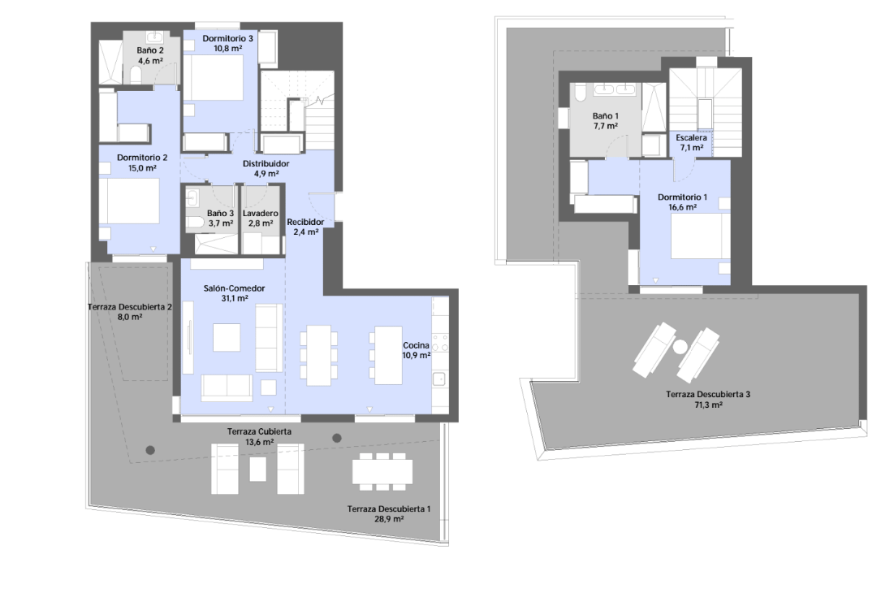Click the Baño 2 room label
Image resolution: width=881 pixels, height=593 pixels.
click(150, 50)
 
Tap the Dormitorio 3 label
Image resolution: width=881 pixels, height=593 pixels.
click(227, 39)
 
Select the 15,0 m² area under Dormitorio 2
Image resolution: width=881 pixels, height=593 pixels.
click(142, 168)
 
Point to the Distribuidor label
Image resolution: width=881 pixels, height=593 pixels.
click(266, 163)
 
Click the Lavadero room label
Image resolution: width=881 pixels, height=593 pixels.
click(260, 214)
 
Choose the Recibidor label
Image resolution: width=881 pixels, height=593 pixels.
click(305, 222)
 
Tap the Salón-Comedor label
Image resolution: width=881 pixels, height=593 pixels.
click(235, 288)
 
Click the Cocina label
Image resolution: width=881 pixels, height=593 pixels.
click(416, 345)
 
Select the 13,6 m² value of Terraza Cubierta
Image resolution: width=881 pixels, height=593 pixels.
click(260, 442)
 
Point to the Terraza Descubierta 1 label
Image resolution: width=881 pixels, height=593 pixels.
click(389, 509)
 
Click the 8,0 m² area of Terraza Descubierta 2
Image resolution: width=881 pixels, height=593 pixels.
click(130, 317)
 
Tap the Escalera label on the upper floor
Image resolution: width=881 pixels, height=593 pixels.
click(692, 138)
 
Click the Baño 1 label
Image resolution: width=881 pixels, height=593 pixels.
click(605, 116)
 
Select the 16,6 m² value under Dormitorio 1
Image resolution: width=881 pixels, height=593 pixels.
click(683, 207)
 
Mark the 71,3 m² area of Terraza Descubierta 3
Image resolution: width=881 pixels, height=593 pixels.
click(708, 405)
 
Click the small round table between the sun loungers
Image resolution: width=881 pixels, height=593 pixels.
click(680, 348)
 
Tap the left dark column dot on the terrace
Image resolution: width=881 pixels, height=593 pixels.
click(150, 450)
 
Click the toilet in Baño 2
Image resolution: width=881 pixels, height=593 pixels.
click(136, 75)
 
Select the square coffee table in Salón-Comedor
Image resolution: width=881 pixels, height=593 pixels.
click(227, 337)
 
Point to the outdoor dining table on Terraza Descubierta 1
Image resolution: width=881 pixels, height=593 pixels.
click(382, 472)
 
